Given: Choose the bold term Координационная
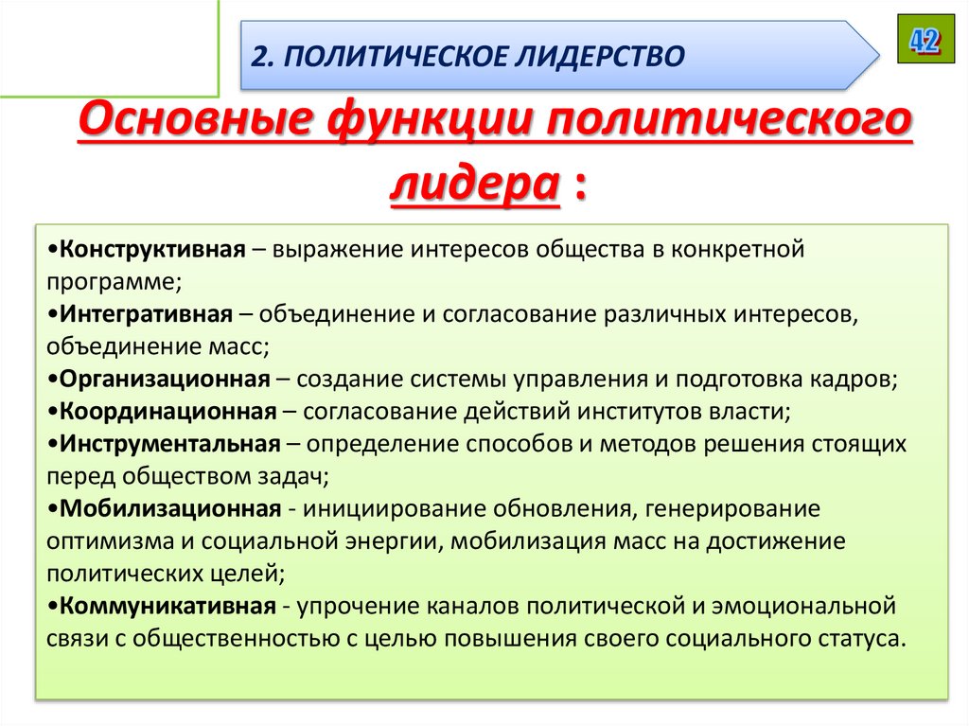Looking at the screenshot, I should (165, 411).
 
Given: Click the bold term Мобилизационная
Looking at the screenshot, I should (167, 508).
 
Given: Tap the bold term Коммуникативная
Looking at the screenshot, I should (165, 605).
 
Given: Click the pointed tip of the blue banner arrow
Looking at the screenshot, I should (875, 55).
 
